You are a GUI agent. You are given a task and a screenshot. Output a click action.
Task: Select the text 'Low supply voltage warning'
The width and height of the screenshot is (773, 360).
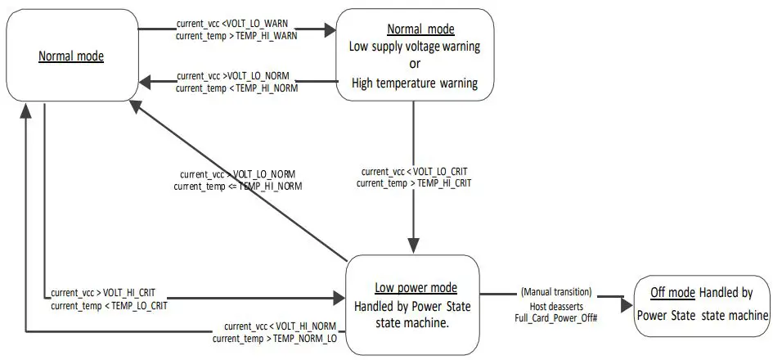[x=415, y=47]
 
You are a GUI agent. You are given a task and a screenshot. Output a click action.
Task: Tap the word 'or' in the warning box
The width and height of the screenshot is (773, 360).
[x=415, y=64]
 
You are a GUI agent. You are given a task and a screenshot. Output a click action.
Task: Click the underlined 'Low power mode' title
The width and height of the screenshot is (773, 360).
[x=416, y=288]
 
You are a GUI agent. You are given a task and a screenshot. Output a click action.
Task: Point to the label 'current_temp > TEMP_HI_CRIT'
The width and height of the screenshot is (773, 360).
[x=414, y=184]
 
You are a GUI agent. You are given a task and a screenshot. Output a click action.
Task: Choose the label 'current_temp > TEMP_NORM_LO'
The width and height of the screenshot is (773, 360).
[x=275, y=338]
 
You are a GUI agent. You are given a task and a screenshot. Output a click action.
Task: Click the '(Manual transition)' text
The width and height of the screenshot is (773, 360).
[x=556, y=292]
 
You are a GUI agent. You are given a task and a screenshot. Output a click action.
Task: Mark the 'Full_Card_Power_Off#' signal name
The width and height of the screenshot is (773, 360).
[x=556, y=316]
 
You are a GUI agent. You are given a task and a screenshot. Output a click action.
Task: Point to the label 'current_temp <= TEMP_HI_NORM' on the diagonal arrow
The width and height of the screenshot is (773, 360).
[x=238, y=187]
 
